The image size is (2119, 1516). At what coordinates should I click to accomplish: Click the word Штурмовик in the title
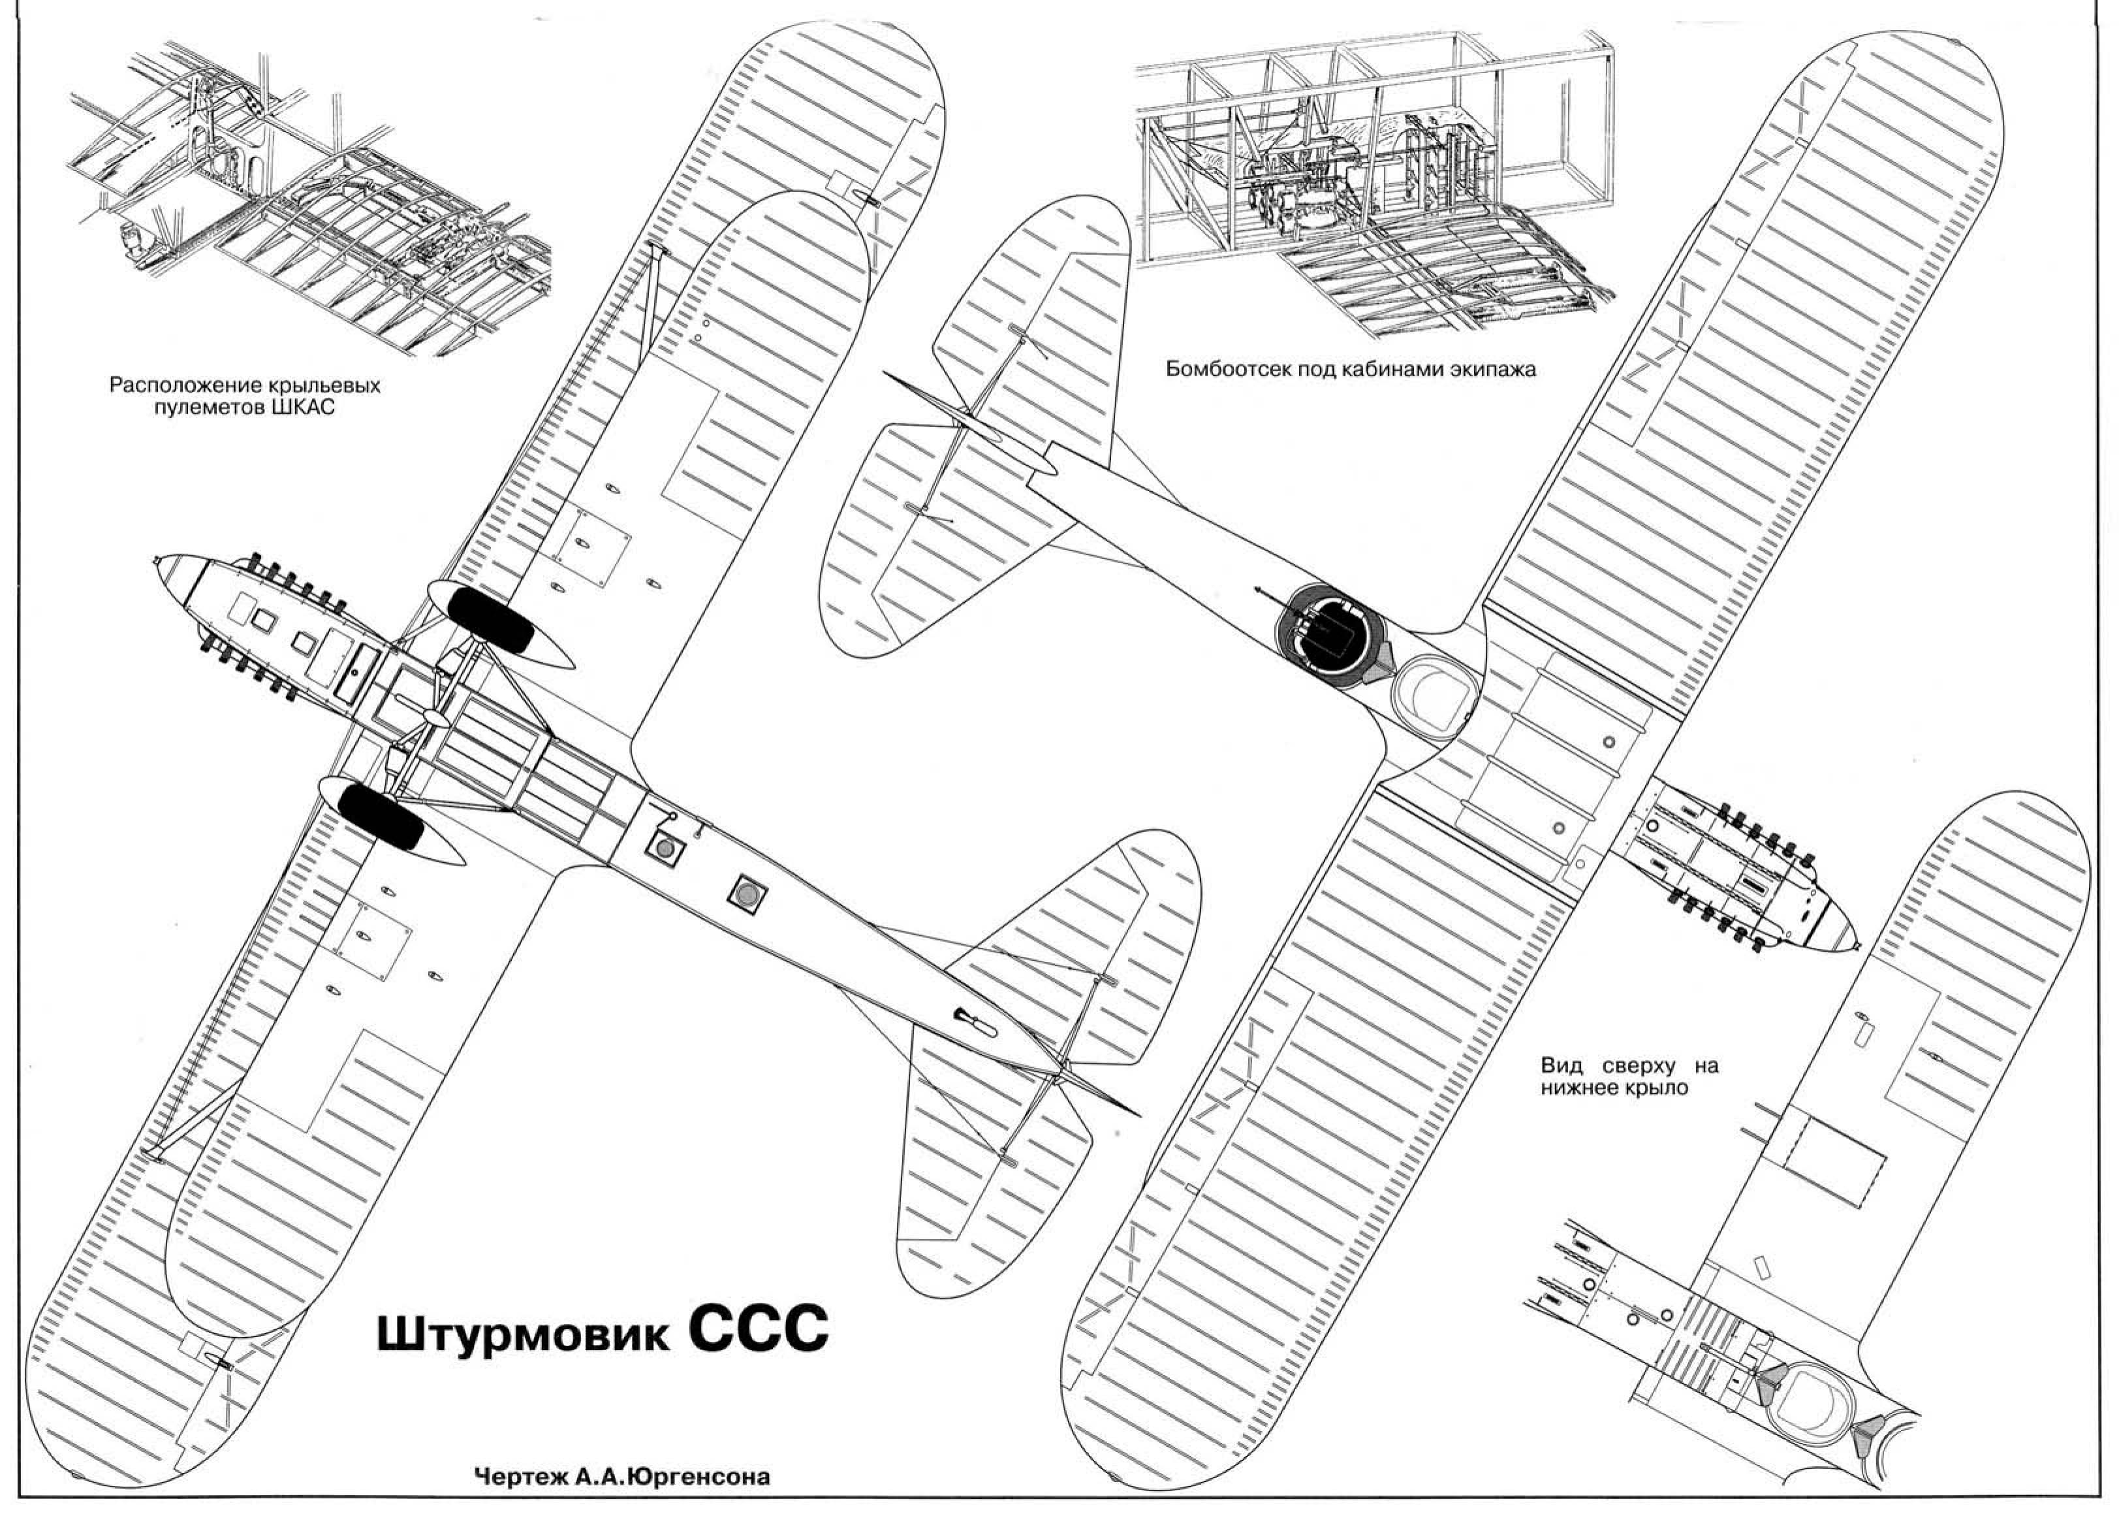tap(522, 1336)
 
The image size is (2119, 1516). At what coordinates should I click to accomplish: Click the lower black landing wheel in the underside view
tap(381, 815)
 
